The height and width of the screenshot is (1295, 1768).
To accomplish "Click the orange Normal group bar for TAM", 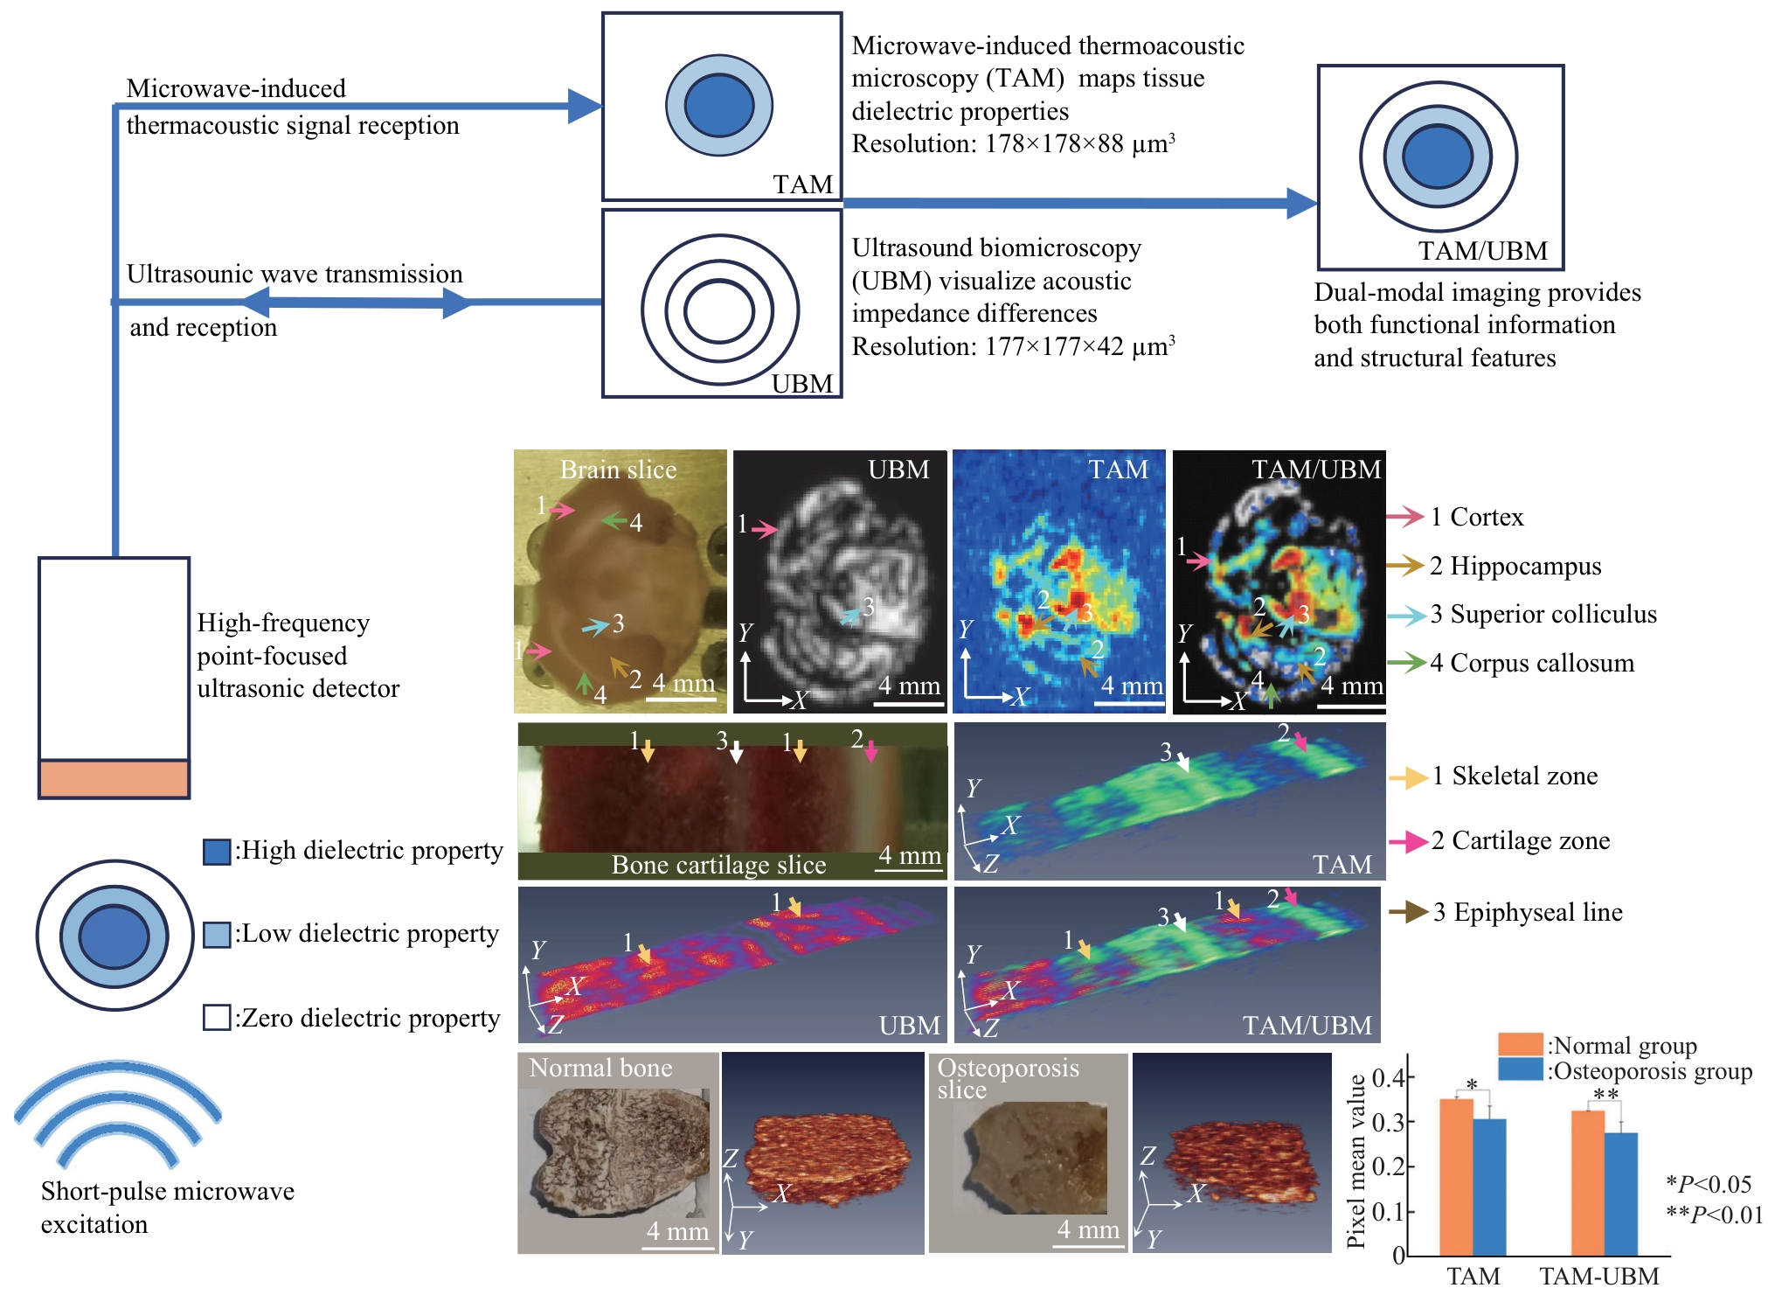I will click(x=1456, y=1176).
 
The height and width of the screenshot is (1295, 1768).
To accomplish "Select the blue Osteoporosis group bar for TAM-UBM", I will click(x=1621, y=1194).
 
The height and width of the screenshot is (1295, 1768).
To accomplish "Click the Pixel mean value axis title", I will click(x=1355, y=1160).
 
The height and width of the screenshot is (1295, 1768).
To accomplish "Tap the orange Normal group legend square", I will click(x=1520, y=1044).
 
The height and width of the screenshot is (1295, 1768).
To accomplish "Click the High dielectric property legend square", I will click(x=217, y=851).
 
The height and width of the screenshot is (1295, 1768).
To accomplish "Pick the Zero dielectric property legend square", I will click(x=217, y=1018).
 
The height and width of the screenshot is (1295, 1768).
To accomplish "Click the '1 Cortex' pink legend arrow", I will click(x=1405, y=517).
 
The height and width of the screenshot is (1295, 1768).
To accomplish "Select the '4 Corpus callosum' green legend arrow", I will click(x=1405, y=663).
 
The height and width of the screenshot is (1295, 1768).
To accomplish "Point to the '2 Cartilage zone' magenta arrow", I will click(x=1408, y=841).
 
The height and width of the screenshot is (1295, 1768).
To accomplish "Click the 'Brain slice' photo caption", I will click(x=618, y=470).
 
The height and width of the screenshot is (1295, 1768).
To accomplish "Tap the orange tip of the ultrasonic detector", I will click(x=114, y=778).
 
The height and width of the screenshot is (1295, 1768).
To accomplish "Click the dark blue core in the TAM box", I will click(x=718, y=105).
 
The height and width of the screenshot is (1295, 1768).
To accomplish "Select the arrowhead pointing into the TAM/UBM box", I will click(x=1301, y=203).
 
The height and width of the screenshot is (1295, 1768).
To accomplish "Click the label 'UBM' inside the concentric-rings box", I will click(x=802, y=384).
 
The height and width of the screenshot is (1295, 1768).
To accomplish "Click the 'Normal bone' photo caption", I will click(x=600, y=1068).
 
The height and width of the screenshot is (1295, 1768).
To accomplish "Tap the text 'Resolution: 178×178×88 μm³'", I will click(x=1013, y=144).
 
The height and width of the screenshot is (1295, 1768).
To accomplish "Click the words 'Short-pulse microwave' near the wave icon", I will click(x=168, y=1191).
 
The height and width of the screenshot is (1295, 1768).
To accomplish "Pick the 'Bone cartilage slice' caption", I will click(x=718, y=865).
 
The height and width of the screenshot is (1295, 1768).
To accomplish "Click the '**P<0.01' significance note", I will click(x=1714, y=1215).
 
